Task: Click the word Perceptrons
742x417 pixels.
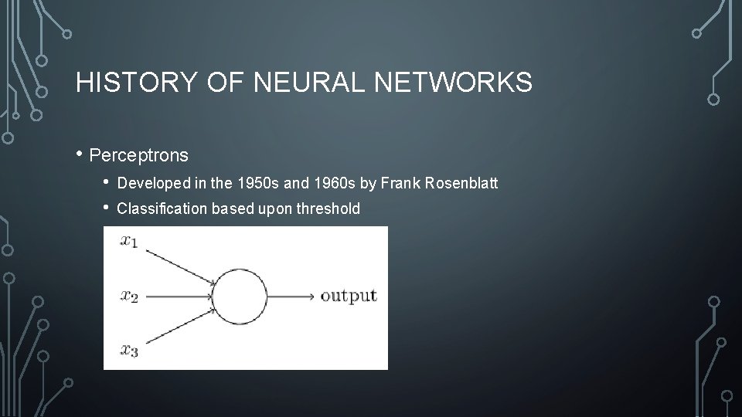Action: (138, 155)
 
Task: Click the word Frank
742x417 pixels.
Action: (395, 184)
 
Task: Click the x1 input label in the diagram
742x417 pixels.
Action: (129, 242)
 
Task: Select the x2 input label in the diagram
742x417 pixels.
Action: (129, 296)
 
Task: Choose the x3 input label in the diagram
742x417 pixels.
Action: (129, 351)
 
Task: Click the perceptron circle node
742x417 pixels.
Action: (240, 296)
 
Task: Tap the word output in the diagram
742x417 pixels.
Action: (349, 296)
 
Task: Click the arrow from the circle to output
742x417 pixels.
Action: (291, 296)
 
